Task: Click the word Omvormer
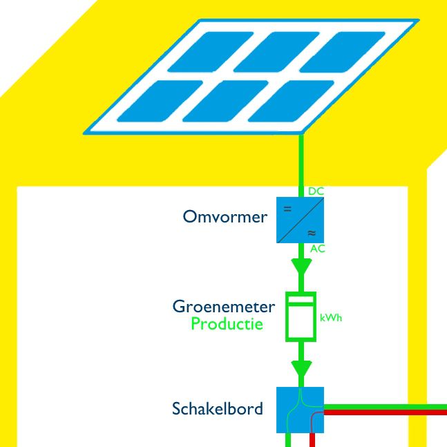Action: tap(225, 217)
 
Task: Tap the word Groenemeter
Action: tap(224, 307)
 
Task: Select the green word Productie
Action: tap(227, 324)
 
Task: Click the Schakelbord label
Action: tap(218, 408)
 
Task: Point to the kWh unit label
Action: tap(331, 318)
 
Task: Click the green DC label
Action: tap(316, 191)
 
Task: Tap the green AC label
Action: tap(318, 249)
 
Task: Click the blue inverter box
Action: tap(300, 220)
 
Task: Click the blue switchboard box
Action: tap(300, 410)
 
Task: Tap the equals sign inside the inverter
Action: tap(287, 209)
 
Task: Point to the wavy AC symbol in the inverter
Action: tap(312, 234)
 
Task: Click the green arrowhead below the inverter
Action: tap(301, 267)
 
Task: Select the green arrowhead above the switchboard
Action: tap(301, 369)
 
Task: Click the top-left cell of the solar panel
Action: tap(211, 52)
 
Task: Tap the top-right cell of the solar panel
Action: tap(342, 52)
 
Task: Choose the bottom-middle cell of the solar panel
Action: tap(225, 101)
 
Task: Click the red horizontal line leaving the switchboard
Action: tap(386, 412)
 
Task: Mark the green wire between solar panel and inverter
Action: tap(301, 165)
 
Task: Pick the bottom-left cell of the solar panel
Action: tap(160, 101)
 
